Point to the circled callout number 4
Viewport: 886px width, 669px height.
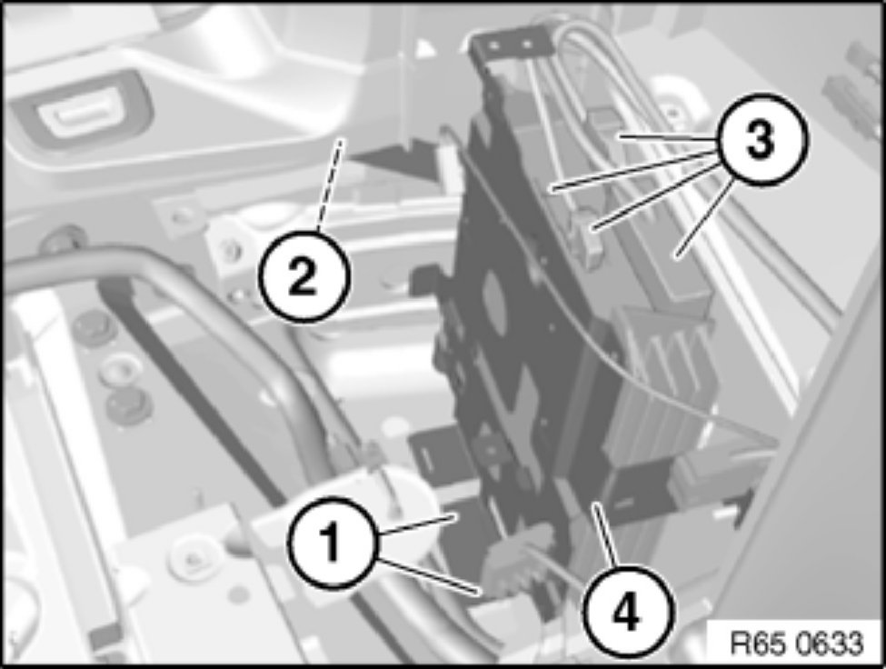[x=628, y=612]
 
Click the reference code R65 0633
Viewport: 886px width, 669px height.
[x=797, y=643]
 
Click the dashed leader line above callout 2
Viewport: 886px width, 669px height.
[x=329, y=186]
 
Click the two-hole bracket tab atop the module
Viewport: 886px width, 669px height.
[x=511, y=44]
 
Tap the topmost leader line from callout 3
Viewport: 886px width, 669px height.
[x=668, y=137]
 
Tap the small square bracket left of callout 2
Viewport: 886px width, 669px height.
[x=178, y=215]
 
